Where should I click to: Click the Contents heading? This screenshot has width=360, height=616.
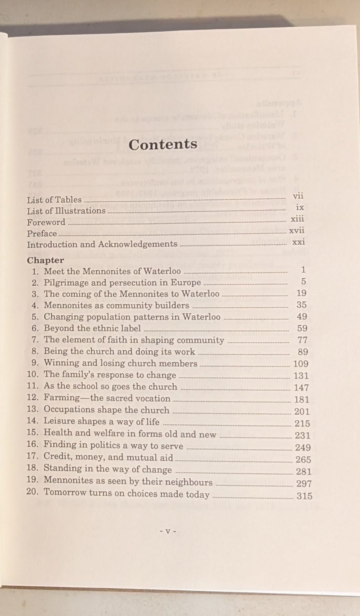pyautogui.click(x=163, y=144)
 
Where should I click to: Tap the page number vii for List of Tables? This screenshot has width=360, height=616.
pyautogui.click(x=298, y=196)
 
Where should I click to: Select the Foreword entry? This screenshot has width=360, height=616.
pyautogui.click(x=46, y=222)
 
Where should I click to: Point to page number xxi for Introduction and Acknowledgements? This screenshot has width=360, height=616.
pyautogui.click(x=298, y=242)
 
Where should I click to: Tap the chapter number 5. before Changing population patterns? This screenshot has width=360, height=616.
pyautogui.click(x=35, y=316)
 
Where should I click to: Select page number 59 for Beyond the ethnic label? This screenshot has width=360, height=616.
pyautogui.click(x=302, y=329)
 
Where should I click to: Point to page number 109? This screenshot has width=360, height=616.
pyautogui.click(x=301, y=364)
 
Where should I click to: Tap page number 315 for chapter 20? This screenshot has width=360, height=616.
pyautogui.click(x=304, y=496)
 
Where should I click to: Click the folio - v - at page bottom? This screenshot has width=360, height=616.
pyautogui.click(x=168, y=531)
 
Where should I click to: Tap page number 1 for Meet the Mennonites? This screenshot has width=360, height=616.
pyautogui.click(x=303, y=270)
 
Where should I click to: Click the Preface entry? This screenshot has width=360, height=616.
pyautogui.click(x=42, y=233)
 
